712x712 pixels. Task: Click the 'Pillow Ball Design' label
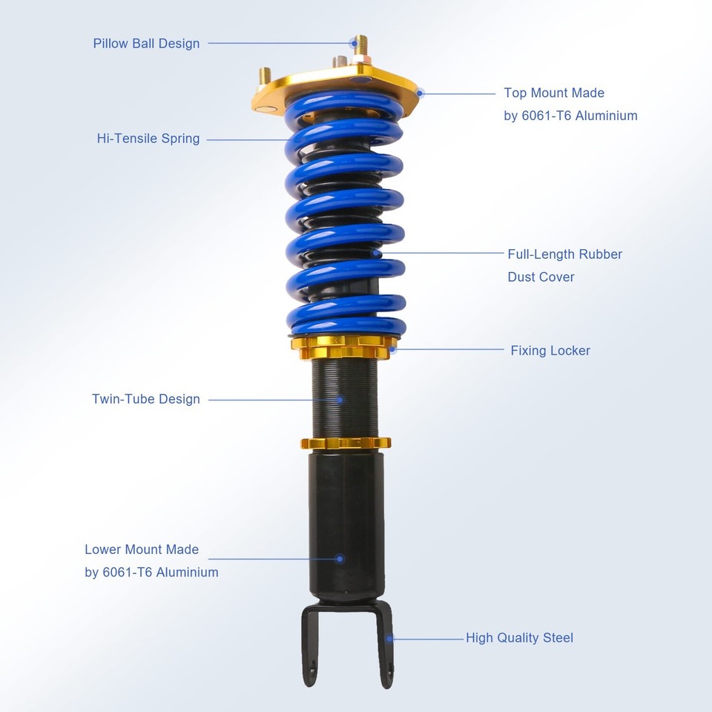[146, 43]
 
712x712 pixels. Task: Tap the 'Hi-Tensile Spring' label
[148, 139]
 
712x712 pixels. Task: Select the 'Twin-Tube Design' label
[146, 399]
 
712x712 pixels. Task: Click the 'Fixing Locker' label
[550, 351]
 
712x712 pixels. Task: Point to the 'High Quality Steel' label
[519, 638]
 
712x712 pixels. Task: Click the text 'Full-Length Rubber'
[564, 254]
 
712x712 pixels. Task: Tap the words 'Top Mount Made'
[554, 93]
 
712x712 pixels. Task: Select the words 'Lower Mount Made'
[142, 550]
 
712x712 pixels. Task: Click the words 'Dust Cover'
[541, 277]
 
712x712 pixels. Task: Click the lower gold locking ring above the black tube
[346, 444]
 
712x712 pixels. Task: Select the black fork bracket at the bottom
[346, 638]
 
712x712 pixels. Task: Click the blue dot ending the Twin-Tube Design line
[340, 399]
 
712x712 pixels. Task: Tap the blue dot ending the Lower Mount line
[340, 558]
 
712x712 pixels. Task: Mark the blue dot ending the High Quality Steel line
[390, 637]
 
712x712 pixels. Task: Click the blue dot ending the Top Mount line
[421, 93]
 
